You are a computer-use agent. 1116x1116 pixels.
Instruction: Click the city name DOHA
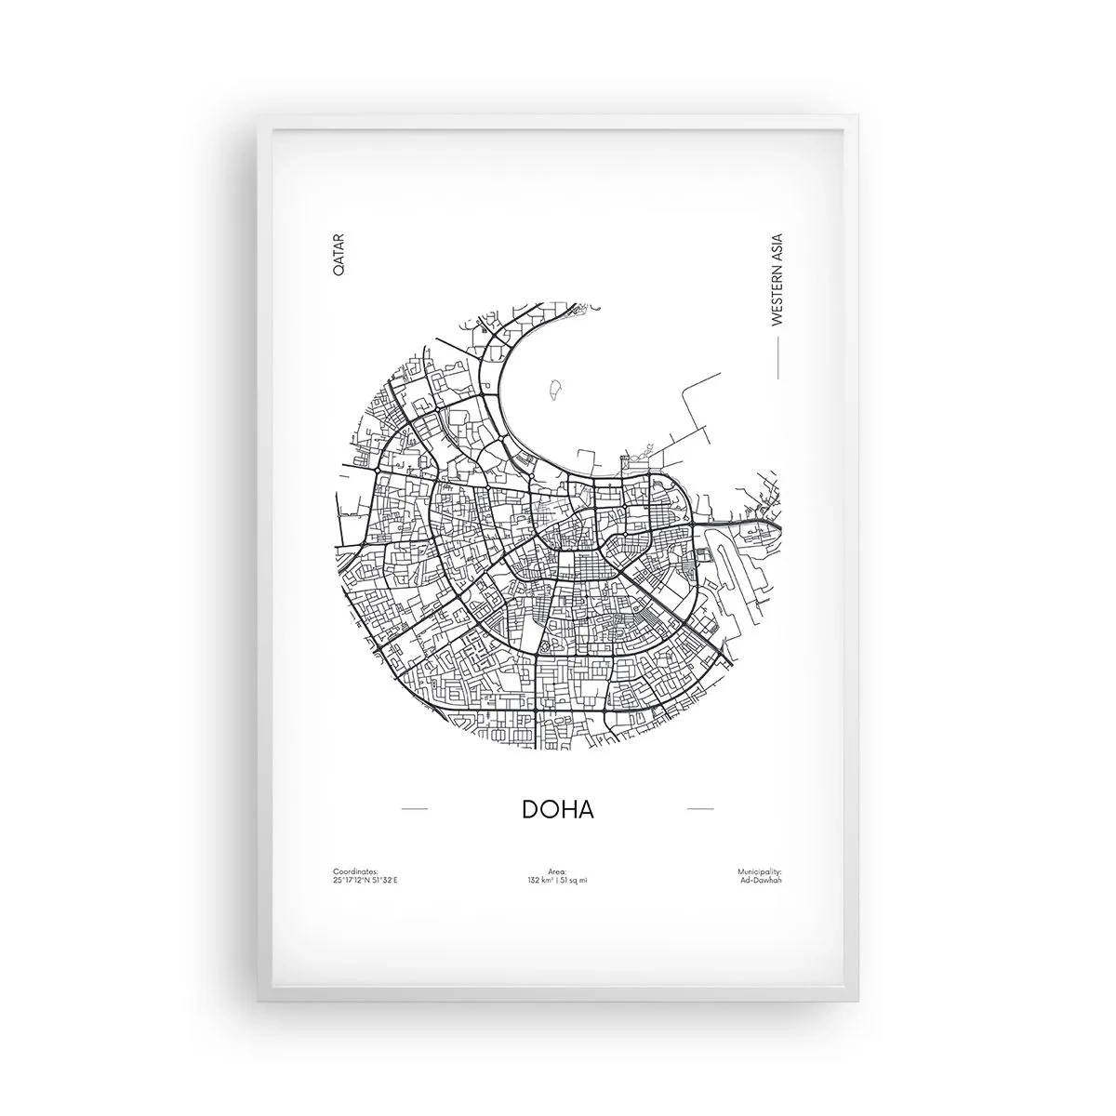click(558, 809)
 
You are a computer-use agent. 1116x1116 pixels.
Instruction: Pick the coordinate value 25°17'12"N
click(350, 880)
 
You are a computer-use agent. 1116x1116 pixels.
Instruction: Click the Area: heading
click(557, 871)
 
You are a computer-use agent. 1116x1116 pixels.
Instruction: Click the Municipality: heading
click(760, 871)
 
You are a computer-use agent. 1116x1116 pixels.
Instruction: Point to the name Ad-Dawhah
click(764, 880)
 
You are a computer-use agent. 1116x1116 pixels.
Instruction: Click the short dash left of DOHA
click(414, 809)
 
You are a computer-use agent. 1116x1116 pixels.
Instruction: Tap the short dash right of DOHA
click(699, 809)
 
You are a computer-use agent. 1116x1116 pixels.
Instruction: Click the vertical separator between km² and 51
click(557, 880)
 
